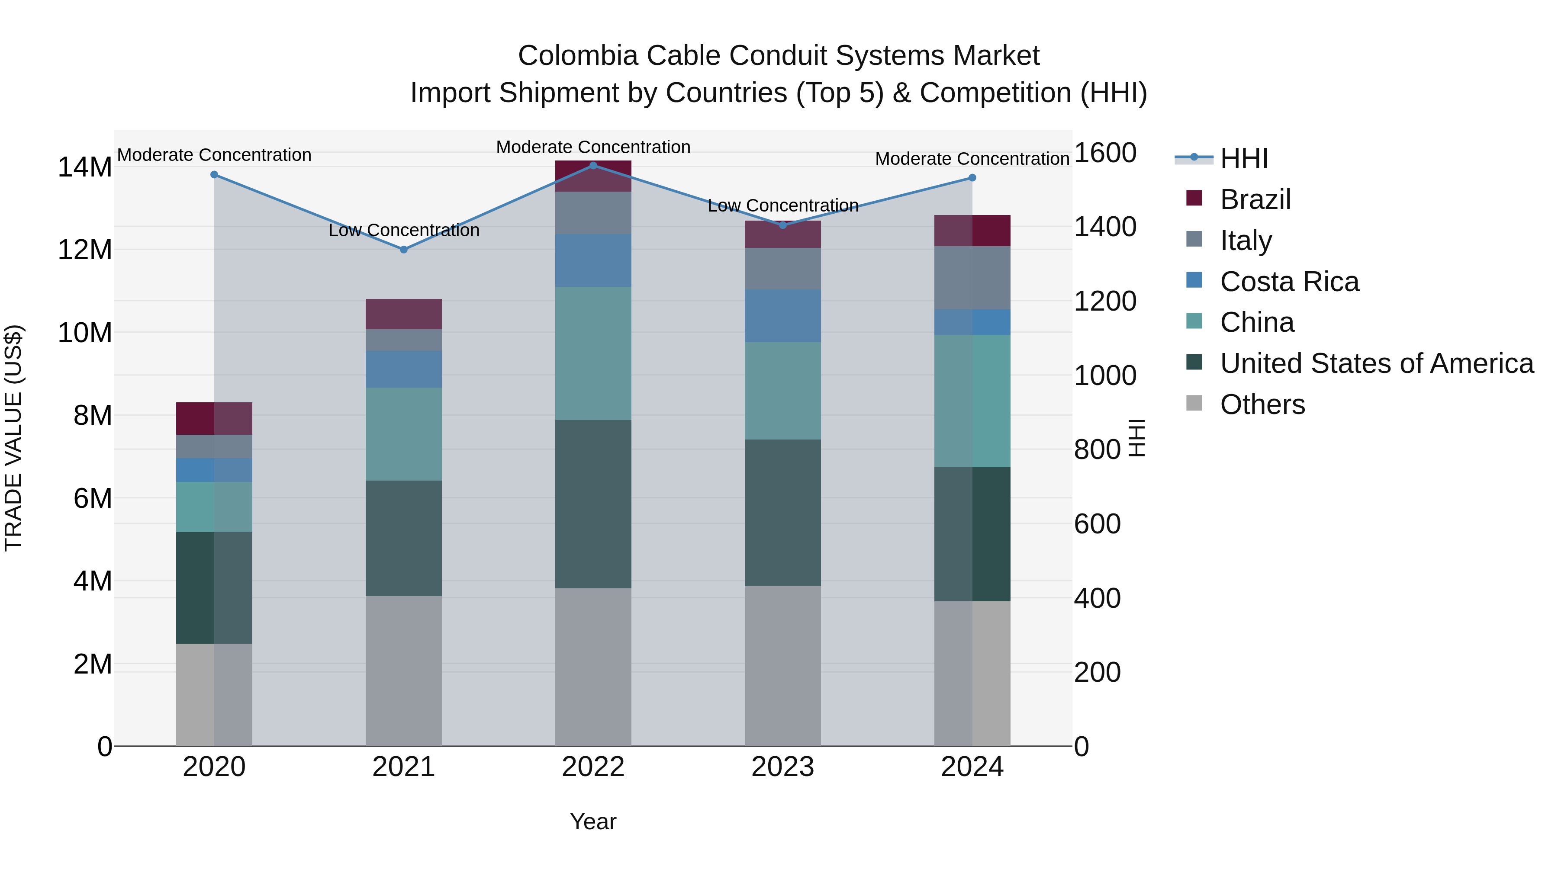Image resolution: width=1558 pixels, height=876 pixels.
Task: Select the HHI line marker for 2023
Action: click(782, 225)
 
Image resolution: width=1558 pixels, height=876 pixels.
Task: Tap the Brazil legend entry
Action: click(1255, 199)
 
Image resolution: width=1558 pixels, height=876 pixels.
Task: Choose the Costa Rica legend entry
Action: click(1289, 282)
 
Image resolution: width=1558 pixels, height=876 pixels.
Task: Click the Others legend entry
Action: click(1262, 404)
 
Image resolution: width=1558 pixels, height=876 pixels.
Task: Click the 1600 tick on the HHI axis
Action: click(1104, 153)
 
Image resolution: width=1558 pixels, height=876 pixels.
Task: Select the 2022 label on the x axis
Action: click(593, 767)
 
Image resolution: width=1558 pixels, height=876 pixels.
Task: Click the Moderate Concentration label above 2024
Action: click(972, 159)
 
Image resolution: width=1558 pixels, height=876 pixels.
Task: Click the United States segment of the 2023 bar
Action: click(782, 512)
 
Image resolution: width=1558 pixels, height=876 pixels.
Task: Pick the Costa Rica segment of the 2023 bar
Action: click(782, 316)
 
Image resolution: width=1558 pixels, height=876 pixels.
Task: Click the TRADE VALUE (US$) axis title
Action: click(13, 438)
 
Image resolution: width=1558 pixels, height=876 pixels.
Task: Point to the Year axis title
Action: click(593, 821)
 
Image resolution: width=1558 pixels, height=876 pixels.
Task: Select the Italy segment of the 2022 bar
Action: click(593, 213)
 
